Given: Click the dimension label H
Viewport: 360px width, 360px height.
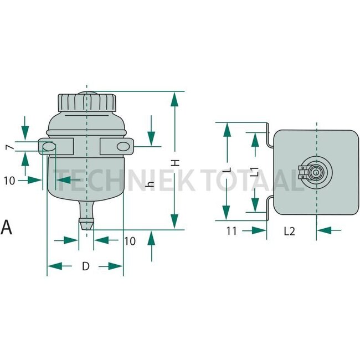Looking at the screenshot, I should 175,163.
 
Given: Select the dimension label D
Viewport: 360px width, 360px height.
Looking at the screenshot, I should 85,266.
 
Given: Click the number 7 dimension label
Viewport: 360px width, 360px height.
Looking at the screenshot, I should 8,148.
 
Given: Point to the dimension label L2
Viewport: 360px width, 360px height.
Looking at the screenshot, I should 289,231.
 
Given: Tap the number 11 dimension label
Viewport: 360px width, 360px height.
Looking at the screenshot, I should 232,231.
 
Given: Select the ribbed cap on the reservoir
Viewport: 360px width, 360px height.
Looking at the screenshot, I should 87,103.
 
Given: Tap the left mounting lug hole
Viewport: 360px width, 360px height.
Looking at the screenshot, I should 48,147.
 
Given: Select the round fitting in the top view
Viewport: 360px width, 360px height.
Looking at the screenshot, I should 315,173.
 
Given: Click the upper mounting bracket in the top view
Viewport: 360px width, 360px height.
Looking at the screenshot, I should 268,136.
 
